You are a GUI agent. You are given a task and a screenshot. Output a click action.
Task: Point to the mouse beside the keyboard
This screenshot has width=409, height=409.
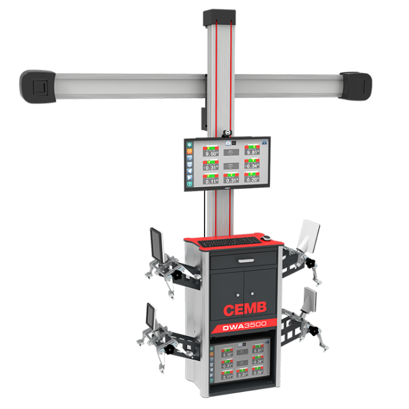point(266,238)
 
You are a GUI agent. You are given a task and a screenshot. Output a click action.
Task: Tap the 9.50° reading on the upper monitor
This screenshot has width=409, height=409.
point(211,153)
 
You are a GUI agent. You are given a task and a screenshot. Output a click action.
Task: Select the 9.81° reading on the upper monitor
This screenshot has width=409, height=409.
point(253,152)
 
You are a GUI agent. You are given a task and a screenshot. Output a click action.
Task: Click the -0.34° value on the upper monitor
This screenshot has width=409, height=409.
point(253,166)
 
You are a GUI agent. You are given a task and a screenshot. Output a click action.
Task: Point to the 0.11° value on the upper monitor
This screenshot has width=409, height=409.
point(211,181)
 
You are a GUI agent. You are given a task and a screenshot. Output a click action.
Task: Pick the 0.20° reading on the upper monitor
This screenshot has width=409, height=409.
point(253,180)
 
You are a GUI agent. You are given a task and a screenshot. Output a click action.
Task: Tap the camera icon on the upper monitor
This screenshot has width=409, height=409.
point(219,143)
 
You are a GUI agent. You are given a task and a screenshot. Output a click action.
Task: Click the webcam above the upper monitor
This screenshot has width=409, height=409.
point(227,132)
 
